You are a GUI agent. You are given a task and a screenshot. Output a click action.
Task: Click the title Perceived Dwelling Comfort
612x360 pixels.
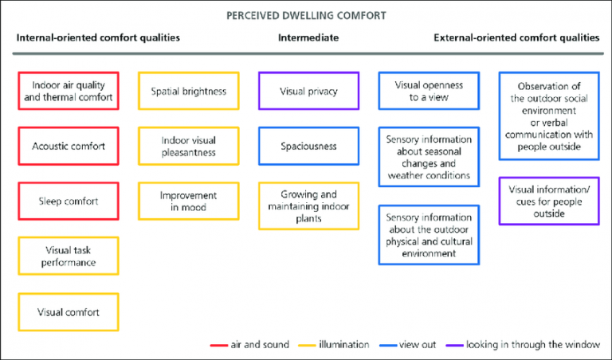point(306,16)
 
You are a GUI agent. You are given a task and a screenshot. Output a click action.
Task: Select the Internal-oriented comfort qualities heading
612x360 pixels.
point(98,38)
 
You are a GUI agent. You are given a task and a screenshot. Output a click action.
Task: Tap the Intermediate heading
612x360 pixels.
point(308,38)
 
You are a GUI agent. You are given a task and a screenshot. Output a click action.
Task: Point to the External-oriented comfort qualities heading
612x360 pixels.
point(516,38)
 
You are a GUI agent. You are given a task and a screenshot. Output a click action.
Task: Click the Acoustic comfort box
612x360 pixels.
point(69,146)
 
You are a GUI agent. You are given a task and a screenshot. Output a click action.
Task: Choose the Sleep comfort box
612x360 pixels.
point(69,201)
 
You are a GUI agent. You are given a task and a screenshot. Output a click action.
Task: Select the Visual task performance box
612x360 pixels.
point(69,256)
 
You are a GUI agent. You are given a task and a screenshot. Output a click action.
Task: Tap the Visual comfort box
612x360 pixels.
point(69,312)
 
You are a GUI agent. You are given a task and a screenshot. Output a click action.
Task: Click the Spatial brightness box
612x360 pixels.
point(189,91)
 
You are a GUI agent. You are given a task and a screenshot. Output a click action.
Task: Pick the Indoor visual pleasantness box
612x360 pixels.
point(189,146)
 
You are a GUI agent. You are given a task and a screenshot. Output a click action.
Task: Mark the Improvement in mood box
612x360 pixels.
point(189,201)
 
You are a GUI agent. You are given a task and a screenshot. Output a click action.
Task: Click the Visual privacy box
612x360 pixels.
point(308,91)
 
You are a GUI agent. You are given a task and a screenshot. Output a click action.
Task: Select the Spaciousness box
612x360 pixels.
point(308,146)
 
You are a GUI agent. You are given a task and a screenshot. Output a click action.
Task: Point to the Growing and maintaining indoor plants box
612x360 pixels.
point(308,206)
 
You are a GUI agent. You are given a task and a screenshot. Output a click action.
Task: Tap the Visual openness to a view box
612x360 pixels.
point(429,91)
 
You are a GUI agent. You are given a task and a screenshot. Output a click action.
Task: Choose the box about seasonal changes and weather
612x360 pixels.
point(429,157)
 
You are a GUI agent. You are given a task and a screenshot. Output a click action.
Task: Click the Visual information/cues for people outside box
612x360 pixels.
point(549,201)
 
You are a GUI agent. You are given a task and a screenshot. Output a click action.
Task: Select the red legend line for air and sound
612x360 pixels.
point(219,345)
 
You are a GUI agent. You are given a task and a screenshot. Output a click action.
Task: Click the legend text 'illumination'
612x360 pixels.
point(344,344)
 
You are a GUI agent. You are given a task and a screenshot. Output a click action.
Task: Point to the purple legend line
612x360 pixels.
point(454,345)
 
